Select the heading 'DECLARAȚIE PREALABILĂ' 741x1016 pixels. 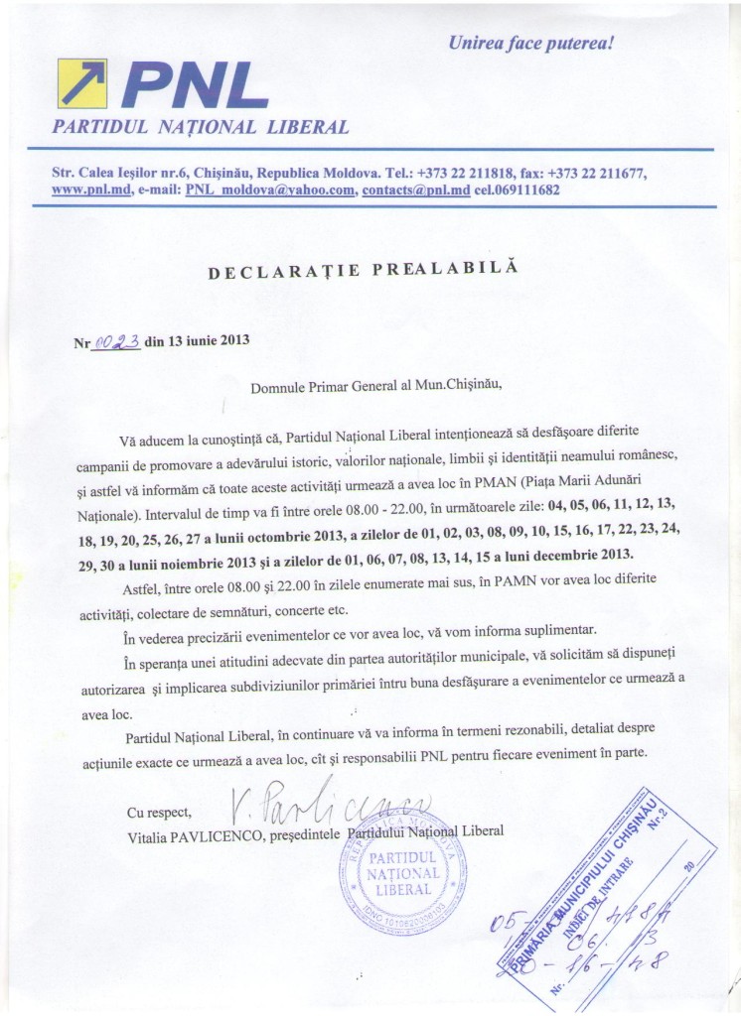pos(364,268)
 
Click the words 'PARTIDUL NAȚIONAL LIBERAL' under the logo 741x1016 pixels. pos(201,127)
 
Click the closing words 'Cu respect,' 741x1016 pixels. pos(158,813)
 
